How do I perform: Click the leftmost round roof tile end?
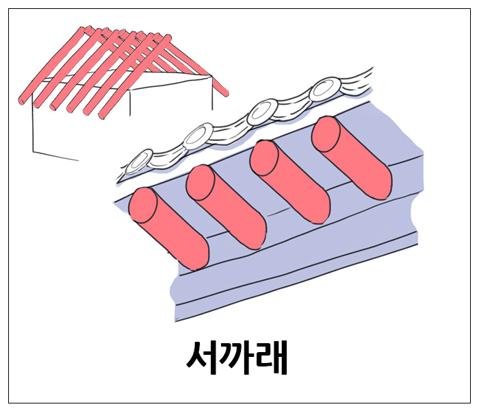coord(140,162)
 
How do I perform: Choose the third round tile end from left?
coord(262,110)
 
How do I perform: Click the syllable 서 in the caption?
coord(203,357)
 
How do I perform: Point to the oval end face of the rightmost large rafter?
coord(326,134)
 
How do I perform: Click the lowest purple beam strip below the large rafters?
coord(294,288)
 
